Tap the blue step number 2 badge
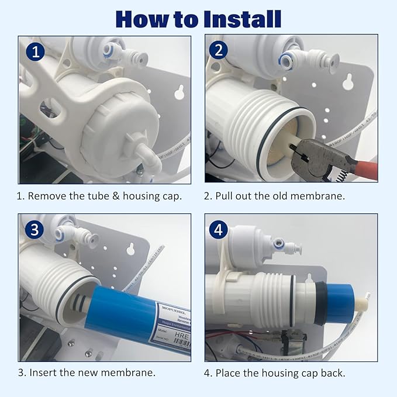tap(219, 50)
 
